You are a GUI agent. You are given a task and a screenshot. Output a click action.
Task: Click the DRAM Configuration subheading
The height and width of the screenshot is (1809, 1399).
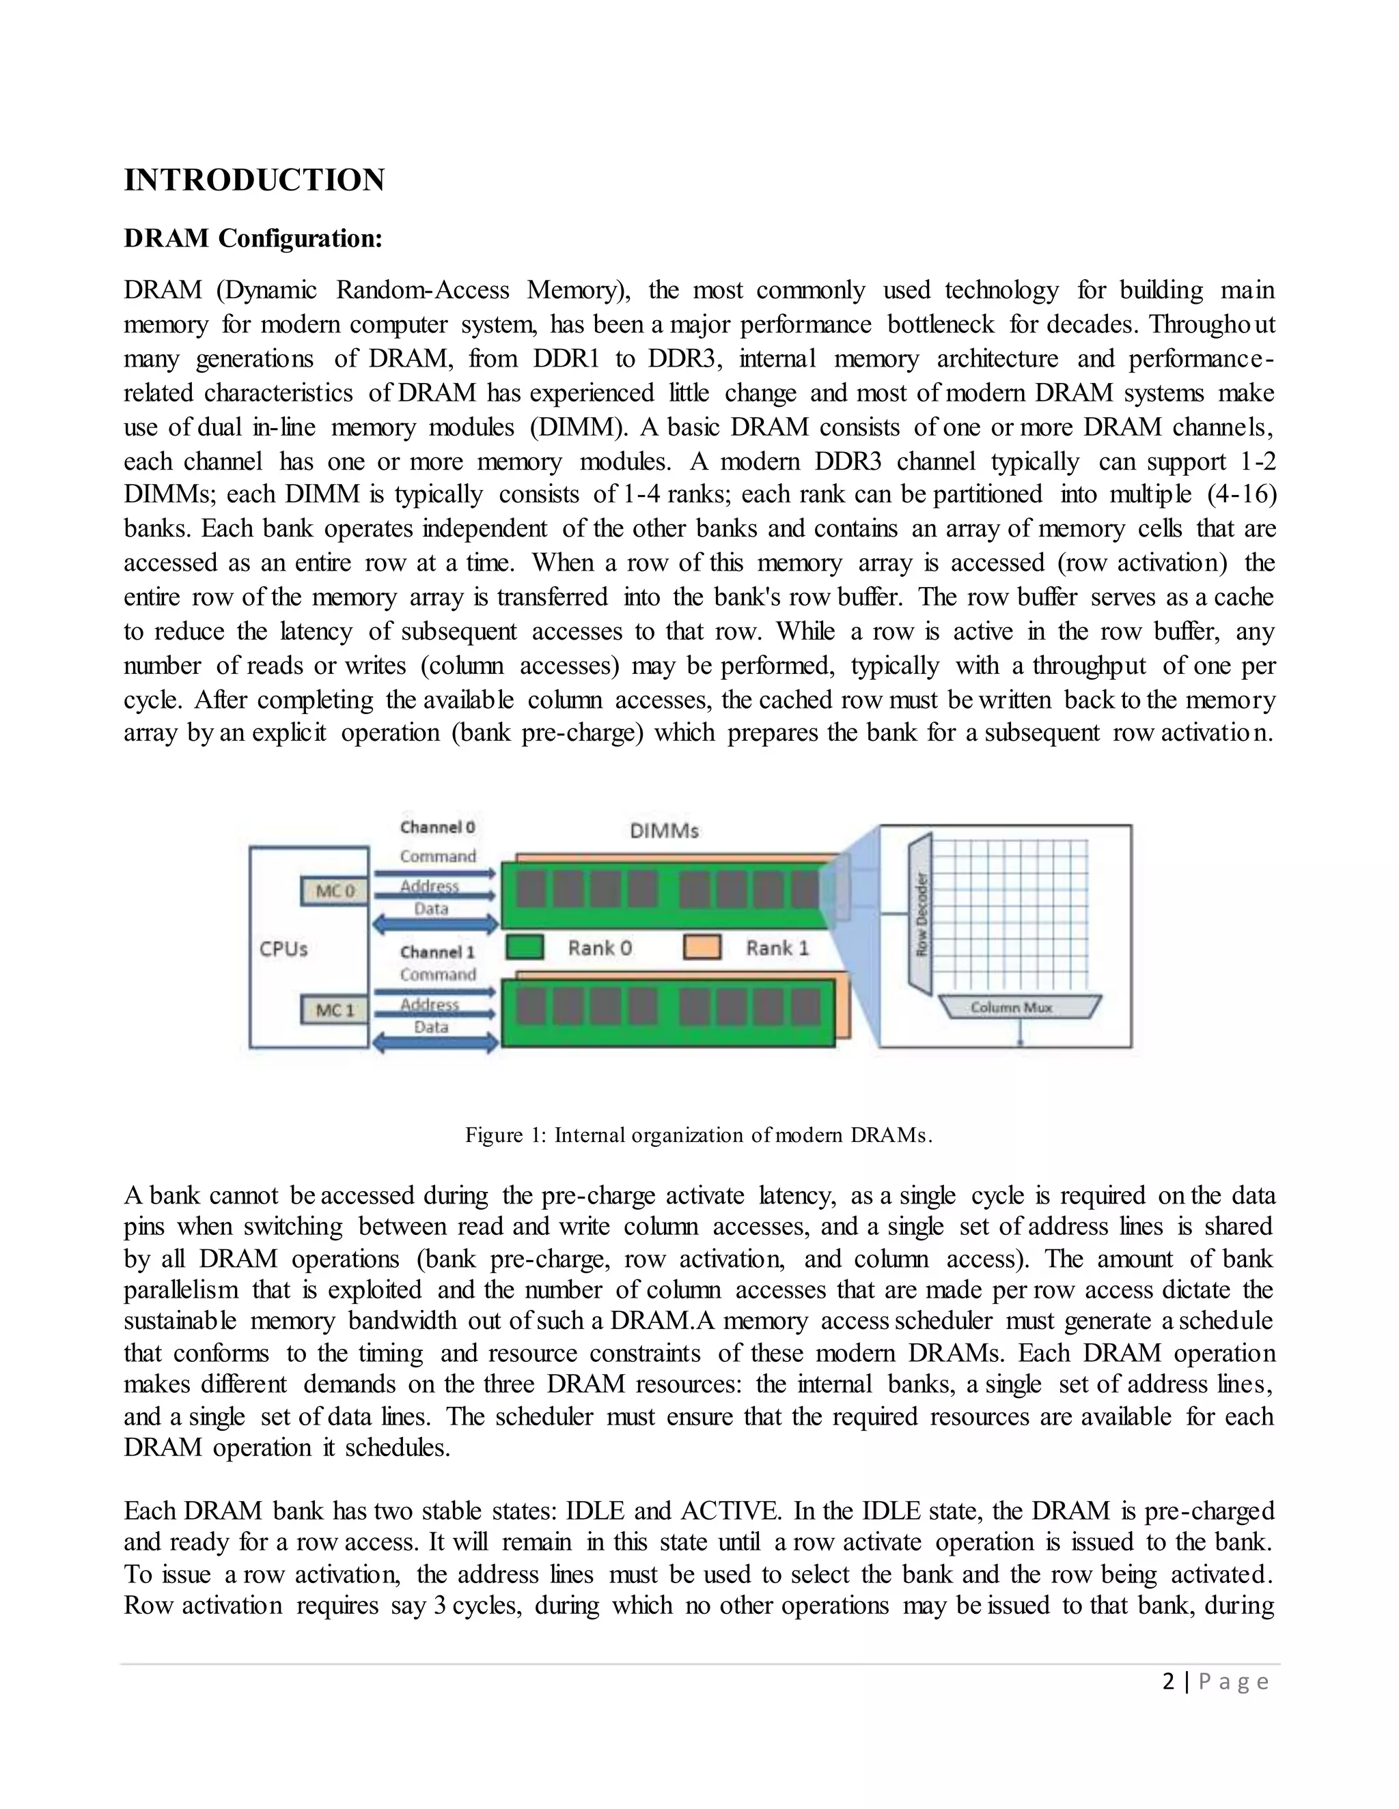[x=253, y=238]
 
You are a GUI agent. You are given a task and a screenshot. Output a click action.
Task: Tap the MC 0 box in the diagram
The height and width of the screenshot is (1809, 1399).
[x=335, y=892]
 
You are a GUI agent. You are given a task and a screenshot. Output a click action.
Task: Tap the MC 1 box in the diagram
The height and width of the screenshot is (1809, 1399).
[x=335, y=1010]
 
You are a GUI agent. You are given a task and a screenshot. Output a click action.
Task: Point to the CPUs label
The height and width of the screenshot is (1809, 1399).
[x=283, y=950]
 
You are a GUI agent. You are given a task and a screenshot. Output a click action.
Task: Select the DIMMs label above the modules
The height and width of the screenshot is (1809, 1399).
[x=664, y=831]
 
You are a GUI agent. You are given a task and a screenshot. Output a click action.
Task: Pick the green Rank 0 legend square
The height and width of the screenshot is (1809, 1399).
[x=524, y=948]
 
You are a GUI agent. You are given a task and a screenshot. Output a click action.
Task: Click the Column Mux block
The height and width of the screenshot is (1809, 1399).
[x=1021, y=1007]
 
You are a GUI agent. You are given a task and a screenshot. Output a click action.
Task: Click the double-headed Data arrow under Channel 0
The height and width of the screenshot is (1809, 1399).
[x=435, y=923]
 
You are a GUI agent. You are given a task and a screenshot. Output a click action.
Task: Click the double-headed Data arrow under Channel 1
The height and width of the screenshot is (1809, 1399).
[x=435, y=1043]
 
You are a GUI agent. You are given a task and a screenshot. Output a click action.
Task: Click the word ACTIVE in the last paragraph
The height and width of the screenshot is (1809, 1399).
[x=730, y=1511]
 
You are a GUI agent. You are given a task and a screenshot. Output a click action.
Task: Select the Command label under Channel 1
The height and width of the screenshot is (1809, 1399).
[x=438, y=975]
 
